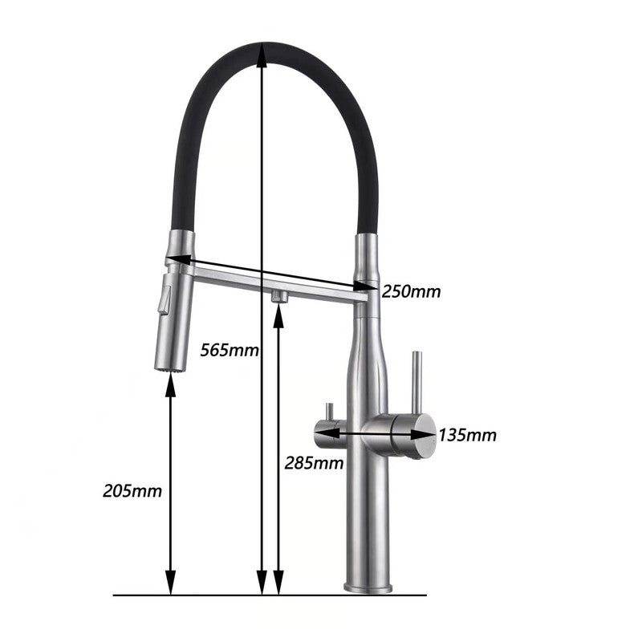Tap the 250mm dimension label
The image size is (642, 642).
tap(411, 291)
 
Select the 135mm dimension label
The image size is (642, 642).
tap(467, 435)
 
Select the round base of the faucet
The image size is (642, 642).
tap(368, 587)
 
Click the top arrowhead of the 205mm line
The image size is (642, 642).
tap(170, 383)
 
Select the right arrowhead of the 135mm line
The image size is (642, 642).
tap(427, 434)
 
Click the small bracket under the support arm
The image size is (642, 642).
tap(279, 296)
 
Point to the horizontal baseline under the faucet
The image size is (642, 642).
tap(269, 595)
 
